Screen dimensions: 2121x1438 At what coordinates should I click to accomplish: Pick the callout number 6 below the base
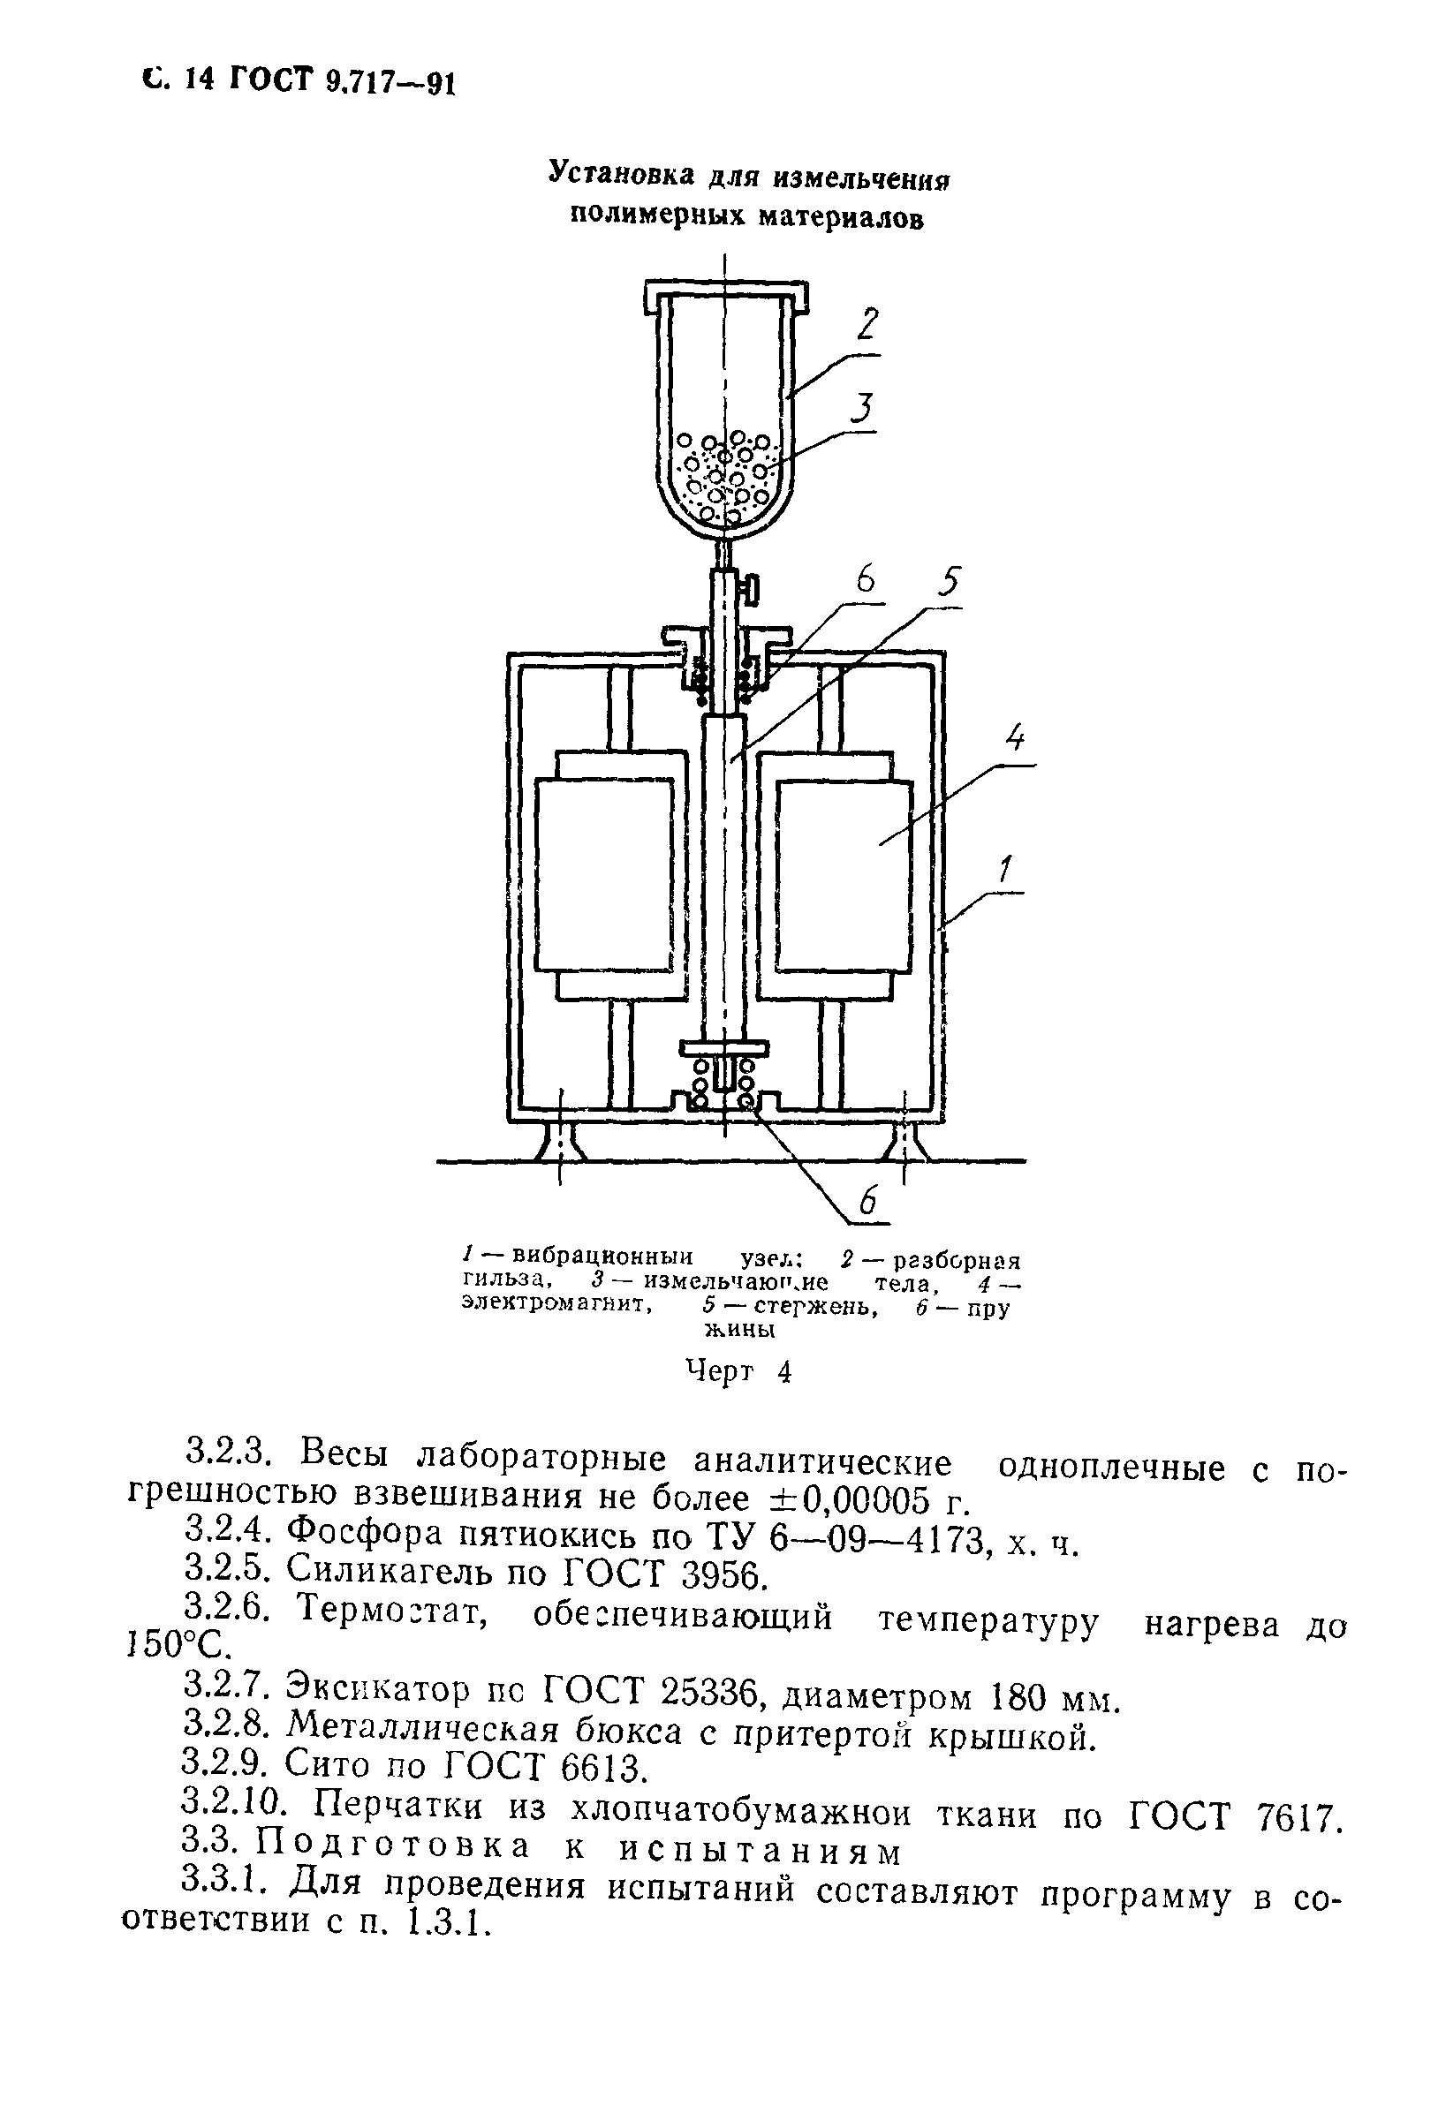click(867, 1201)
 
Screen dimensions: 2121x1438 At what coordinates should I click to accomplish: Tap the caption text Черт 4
click(737, 1371)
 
